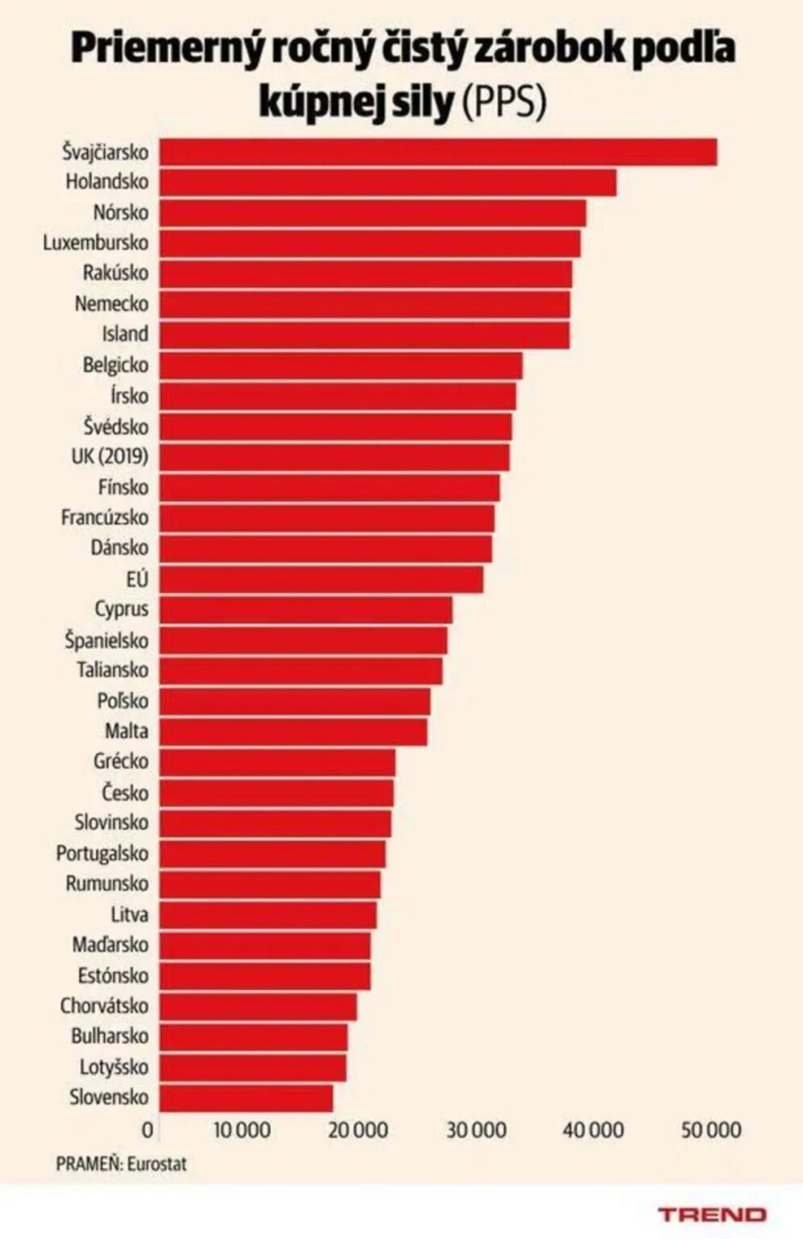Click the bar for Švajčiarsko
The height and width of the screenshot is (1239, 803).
click(438, 152)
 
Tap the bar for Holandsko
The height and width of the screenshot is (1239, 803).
click(388, 182)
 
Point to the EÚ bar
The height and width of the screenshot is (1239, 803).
click(321, 579)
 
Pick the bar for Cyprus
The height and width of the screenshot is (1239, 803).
click(306, 610)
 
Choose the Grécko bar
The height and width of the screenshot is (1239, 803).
click(278, 762)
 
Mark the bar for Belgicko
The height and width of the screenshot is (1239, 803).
click(341, 365)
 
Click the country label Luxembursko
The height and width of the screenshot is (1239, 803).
click(96, 243)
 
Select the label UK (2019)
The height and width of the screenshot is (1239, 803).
click(110, 457)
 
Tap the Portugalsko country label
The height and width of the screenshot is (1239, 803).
click(102, 853)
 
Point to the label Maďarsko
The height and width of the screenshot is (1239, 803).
click(110, 945)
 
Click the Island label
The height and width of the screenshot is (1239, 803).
click(125, 334)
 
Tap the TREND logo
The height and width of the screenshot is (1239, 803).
click(713, 1215)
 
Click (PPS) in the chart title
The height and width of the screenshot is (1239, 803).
click(503, 102)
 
